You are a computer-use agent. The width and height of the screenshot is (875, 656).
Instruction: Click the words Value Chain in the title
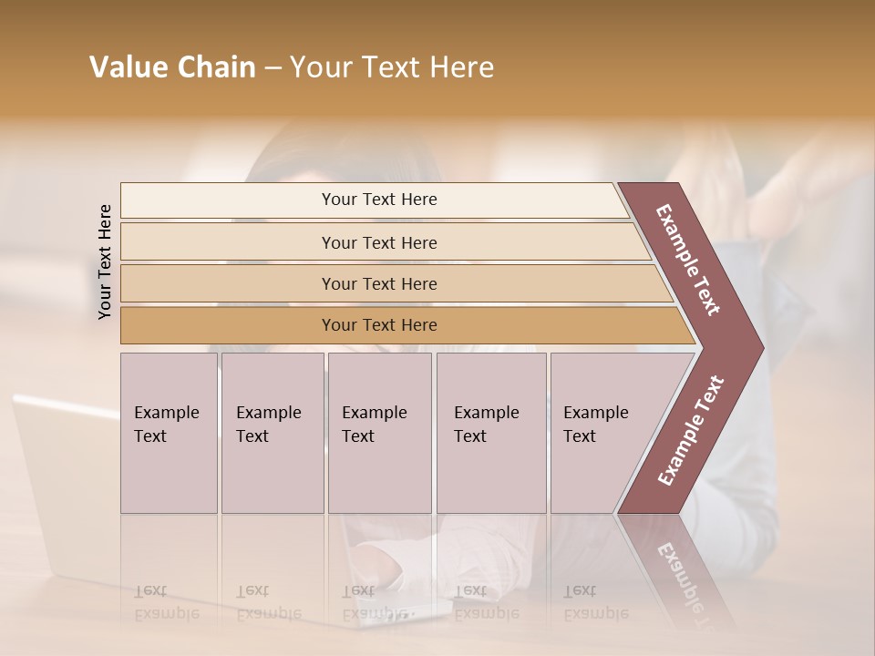coord(172,67)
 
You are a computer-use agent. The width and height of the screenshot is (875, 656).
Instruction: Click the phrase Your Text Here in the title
coord(392,67)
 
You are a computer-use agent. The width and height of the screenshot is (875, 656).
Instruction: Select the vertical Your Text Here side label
coord(105,261)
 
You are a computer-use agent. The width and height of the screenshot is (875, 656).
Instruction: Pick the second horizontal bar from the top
coord(378,242)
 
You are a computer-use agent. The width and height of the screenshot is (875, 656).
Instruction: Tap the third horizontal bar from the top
coord(378,283)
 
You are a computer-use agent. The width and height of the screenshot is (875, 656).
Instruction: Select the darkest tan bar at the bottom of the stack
coord(378,325)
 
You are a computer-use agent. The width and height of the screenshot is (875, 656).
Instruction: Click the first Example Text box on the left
coord(169,433)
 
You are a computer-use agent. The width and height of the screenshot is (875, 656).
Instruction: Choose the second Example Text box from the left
coord(272,433)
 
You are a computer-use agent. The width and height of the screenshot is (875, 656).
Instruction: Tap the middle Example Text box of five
coord(379,433)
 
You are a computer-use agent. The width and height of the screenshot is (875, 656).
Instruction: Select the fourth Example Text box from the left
coord(490,433)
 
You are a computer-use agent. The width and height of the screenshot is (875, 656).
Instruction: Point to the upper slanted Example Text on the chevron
coord(688,260)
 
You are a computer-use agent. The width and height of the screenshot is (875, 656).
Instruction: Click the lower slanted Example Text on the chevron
coord(691,431)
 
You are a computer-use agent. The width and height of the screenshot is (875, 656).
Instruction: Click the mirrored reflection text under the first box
coord(166,602)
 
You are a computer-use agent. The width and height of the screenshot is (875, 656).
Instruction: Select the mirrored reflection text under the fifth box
coord(595,602)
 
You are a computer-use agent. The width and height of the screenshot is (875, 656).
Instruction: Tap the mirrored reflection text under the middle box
coord(374,602)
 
